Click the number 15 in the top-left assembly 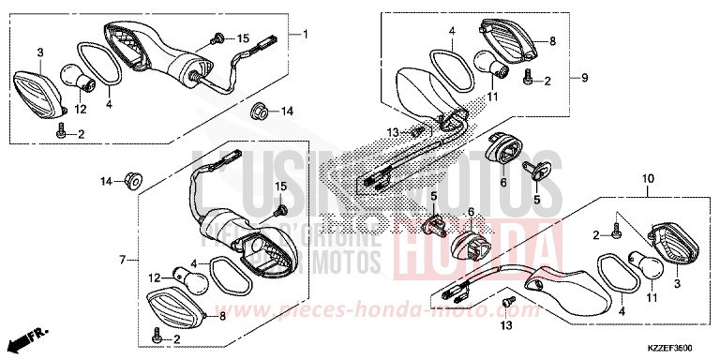point(244,38)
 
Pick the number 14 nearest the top point(287,111)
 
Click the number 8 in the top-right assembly point(553,41)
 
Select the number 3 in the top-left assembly point(40,52)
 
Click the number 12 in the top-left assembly point(82,110)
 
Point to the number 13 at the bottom point(506,325)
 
